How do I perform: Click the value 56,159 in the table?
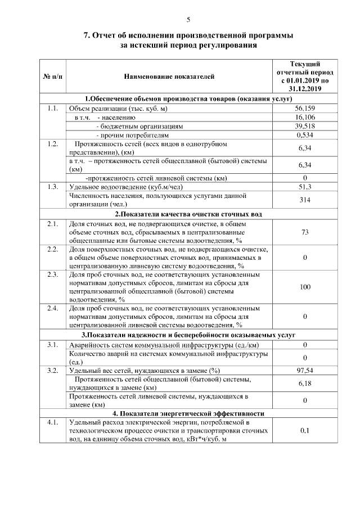304,108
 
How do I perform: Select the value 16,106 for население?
304,117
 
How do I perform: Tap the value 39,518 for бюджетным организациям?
304,126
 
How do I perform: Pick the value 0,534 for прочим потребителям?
304,135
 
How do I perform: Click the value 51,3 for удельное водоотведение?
304,187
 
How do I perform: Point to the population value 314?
304,200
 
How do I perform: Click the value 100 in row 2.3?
304,287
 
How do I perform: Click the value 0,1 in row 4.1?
304,430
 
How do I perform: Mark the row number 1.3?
53,187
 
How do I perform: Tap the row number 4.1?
53,422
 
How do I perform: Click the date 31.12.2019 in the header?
304,88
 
